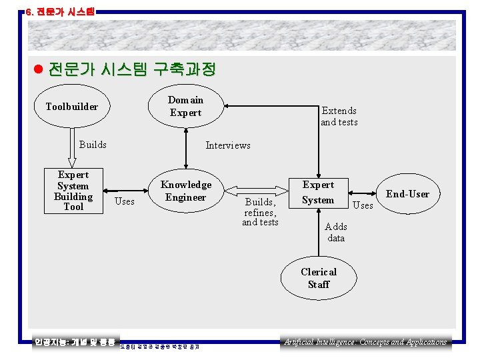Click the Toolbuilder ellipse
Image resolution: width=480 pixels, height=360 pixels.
(71, 107)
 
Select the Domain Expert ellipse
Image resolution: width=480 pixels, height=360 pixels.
(185, 106)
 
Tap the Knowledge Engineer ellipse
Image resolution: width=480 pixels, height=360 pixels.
(185, 191)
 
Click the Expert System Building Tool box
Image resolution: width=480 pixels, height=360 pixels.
(73, 191)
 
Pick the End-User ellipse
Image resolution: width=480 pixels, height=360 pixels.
(407, 194)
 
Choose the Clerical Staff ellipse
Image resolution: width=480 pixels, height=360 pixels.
(319, 278)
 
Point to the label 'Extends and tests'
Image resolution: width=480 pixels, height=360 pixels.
(339, 116)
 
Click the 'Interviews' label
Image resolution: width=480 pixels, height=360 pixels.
(228, 145)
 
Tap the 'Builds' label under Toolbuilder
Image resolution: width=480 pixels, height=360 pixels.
(93, 145)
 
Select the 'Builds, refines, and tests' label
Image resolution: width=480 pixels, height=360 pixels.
(260, 211)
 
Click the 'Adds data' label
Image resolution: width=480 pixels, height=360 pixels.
(336, 232)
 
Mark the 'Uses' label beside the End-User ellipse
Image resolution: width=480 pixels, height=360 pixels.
(363, 205)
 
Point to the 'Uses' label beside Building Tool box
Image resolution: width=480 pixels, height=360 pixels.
(124, 201)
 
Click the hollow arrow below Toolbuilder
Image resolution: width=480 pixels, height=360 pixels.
(72, 147)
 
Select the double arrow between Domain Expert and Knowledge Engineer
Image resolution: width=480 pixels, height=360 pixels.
(185, 149)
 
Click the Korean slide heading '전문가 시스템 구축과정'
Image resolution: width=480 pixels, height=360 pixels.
(132, 69)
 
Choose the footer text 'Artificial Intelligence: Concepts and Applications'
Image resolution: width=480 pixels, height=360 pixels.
(365, 342)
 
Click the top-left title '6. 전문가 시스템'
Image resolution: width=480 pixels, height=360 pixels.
(60, 11)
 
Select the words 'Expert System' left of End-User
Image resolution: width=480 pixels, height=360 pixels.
(318, 192)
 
